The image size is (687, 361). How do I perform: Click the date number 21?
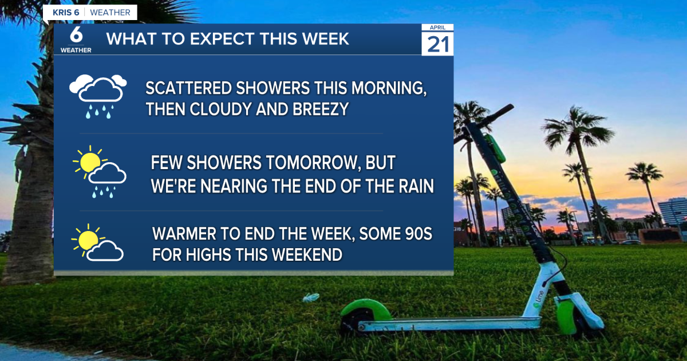tap(438, 44)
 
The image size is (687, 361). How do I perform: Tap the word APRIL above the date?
tap(438, 28)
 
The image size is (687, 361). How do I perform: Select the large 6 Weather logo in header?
tap(76, 39)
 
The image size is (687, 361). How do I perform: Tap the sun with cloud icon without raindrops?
tap(97, 242)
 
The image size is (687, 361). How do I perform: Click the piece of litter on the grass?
tap(310, 297)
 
